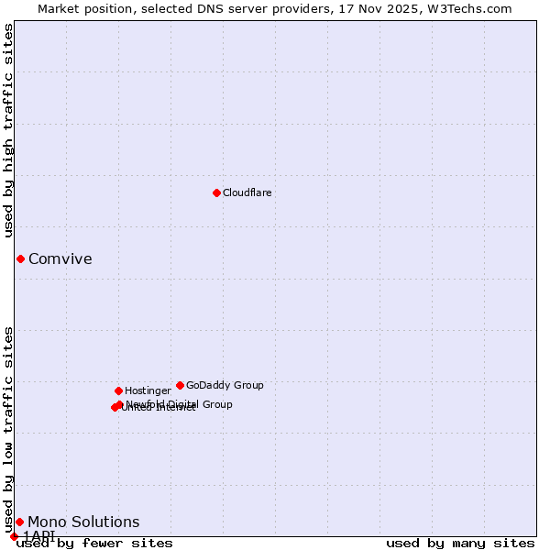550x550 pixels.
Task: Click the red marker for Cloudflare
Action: pos(216,192)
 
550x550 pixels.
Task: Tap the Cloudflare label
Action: pos(247,192)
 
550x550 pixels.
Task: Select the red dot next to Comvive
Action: pos(20,258)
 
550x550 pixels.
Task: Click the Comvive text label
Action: pos(60,258)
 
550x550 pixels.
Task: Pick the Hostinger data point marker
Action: pos(118,390)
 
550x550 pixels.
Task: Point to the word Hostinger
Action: pos(148,390)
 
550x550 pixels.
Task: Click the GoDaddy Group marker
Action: pos(180,385)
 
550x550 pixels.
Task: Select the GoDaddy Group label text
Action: pos(225,385)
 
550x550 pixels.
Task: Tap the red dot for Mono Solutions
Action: pos(19,522)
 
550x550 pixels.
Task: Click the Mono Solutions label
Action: pos(83,522)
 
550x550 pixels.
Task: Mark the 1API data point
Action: pos(14,536)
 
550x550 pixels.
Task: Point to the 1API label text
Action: pos(39,535)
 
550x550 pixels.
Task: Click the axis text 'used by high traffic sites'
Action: pos(9,130)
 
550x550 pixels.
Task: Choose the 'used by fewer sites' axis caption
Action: pos(94,543)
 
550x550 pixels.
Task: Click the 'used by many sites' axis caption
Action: pos(460,543)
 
